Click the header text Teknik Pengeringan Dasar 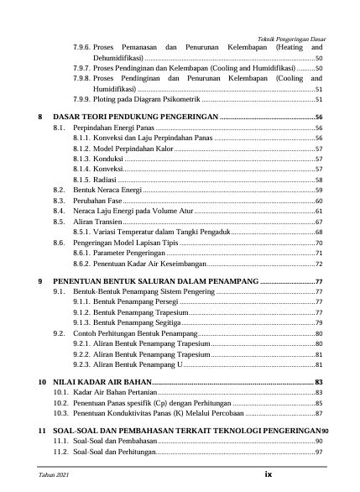click(x=291, y=39)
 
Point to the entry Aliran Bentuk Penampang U click(x=138, y=365)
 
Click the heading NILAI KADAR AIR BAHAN click(x=107, y=382)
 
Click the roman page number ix click(x=269, y=474)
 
